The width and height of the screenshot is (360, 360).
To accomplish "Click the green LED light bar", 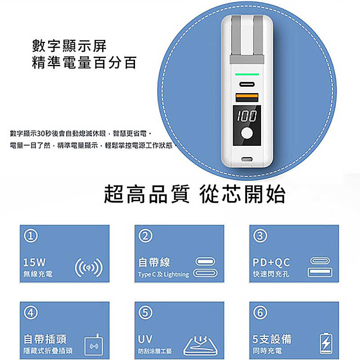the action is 247,74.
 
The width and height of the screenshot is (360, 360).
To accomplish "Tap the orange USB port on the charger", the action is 247,98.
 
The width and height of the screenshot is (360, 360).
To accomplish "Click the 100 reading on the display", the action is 247,116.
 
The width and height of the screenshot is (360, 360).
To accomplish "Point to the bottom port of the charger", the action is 247,159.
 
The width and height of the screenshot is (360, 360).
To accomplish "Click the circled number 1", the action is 31,236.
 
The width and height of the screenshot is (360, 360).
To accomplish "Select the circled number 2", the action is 145,236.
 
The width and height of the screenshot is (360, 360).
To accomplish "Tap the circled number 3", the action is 260,236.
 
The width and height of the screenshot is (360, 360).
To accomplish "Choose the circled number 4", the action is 31,312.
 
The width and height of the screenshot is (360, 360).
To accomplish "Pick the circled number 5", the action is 145,312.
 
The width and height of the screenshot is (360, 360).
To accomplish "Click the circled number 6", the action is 260,312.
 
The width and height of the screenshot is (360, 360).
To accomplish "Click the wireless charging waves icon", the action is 89,268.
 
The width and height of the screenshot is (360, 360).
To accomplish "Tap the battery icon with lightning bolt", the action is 326,343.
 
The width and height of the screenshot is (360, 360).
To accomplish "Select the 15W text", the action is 34,262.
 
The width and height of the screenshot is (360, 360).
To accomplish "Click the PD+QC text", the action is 271,262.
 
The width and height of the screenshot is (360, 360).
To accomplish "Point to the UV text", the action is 145,339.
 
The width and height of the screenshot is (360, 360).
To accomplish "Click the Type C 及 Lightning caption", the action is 163,274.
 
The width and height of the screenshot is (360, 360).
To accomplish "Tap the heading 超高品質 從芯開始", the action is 195,194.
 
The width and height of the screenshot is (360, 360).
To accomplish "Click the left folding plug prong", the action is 235,36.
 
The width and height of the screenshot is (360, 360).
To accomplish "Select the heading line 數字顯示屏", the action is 69,46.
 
